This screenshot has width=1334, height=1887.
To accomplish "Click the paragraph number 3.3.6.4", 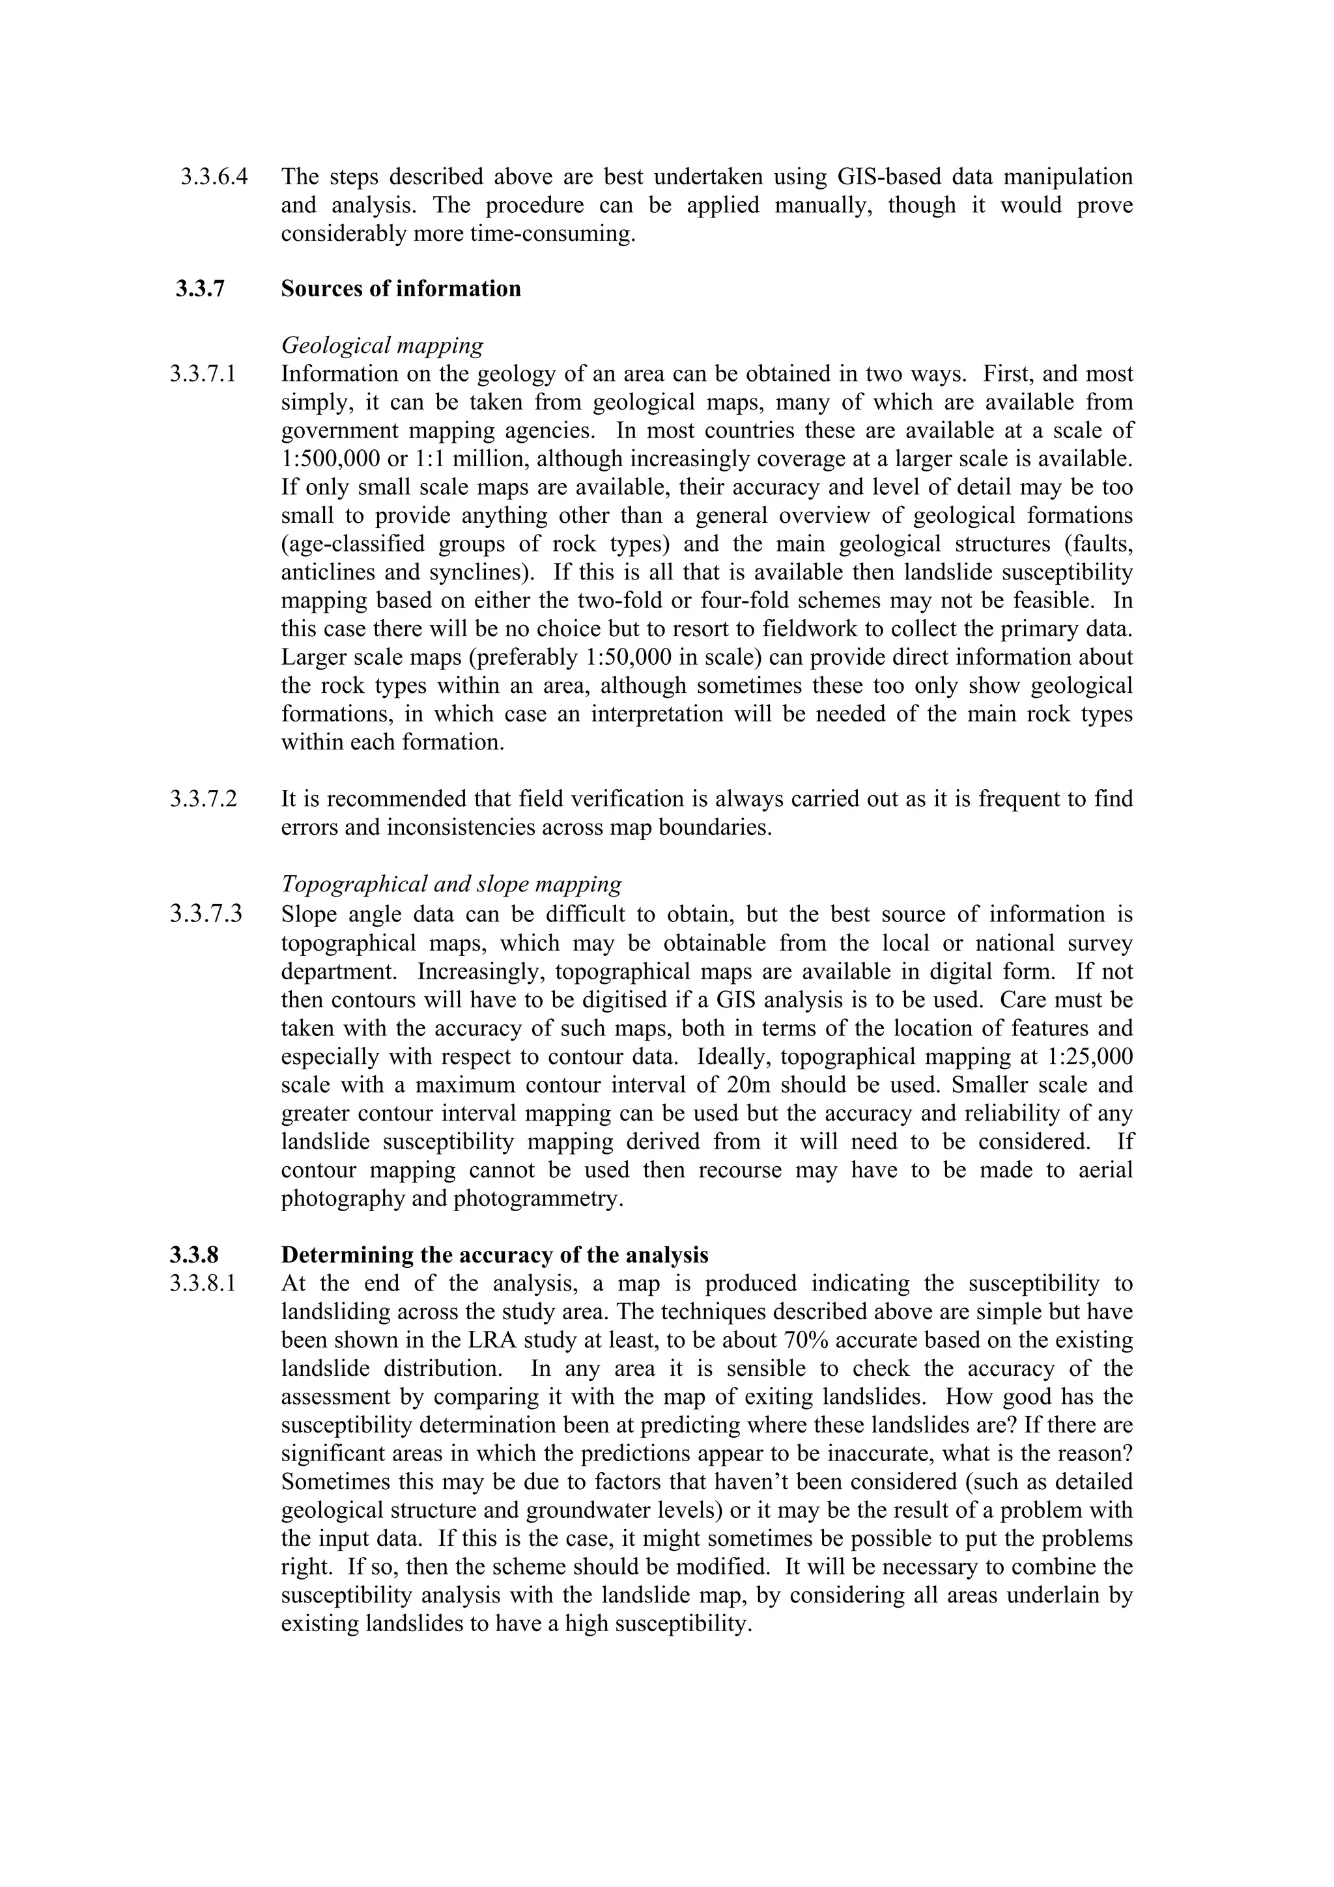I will (x=214, y=176).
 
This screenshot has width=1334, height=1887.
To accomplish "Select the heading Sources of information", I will (x=401, y=288).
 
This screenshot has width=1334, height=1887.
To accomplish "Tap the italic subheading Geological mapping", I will (x=382, y=345).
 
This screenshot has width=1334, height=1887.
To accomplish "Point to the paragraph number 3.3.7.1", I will (x=203, y=374).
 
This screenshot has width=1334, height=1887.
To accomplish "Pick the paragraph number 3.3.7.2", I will (x=203, y=799).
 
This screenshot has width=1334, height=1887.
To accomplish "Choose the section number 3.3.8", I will (x=195, y=1255).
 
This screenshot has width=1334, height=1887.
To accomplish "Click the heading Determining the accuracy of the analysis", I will (x=494, y=1255).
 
